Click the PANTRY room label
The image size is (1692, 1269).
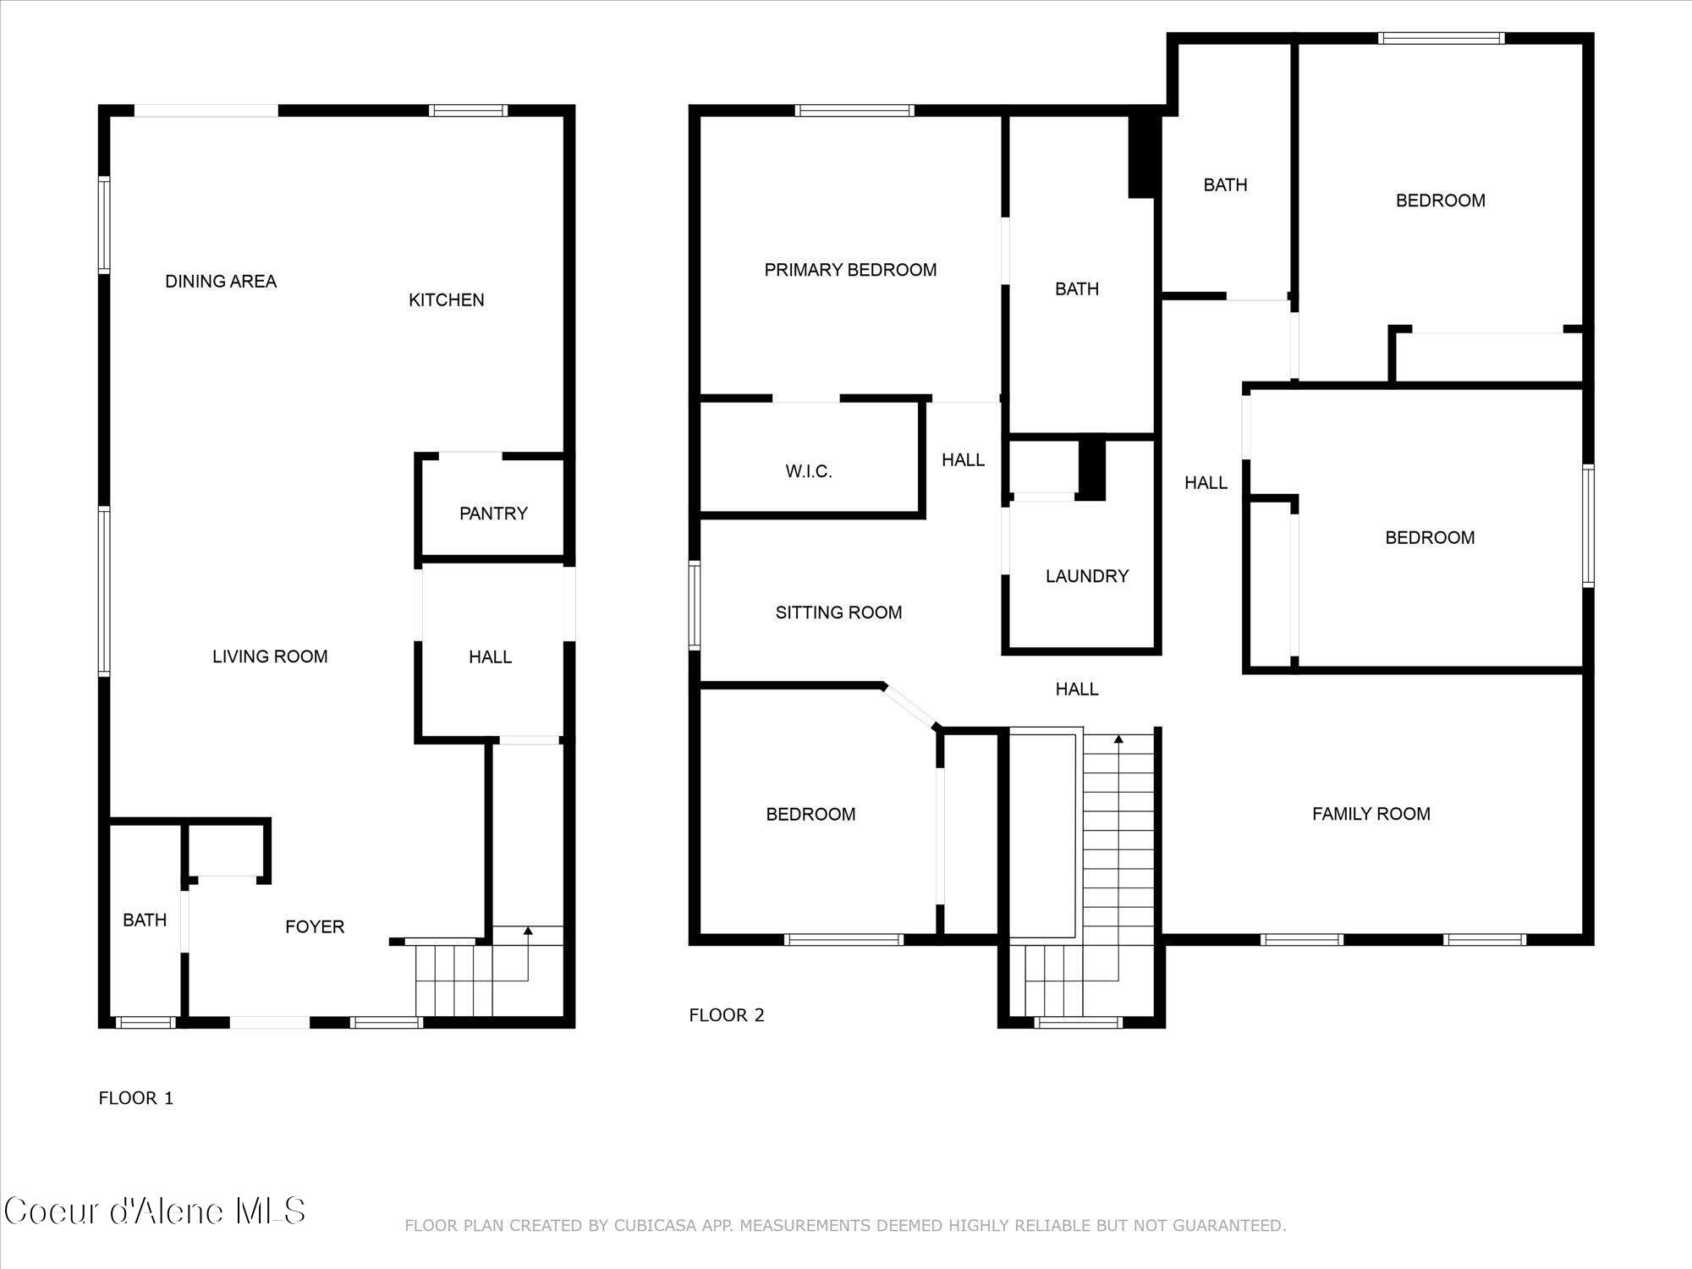click(x=493, y=514)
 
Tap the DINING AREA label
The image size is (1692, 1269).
click(x=221, y=282)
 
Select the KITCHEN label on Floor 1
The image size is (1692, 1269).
click(x=447, y=300)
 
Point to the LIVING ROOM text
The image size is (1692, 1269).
click(x=270, y=656)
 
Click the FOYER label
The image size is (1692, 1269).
click(x=315, y=927)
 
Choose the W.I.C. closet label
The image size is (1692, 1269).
click(x=809, y=472)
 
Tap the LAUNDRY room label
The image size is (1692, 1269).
click(x=1087, y=576)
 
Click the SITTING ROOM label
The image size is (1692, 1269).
click(x=839, y=613)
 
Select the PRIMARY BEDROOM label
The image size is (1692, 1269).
click(x=850, y=270)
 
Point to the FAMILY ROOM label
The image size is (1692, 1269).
click(x=1371, y=814)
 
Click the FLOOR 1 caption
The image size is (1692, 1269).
click(x=136, y=1098)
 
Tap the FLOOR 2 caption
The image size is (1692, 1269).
click(x=727, y=1015)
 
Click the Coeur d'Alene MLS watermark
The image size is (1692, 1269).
click(x=155, y=1211)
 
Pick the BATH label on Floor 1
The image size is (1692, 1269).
click(x=145, y=920)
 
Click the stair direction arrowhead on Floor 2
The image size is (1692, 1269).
click(x=1118, y=739)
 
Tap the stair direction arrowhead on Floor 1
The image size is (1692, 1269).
click(x=529, y=931)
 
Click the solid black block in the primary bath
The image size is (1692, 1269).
click(x=1142, y=157)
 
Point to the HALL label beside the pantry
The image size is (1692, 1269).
click(x=491, y=657)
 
